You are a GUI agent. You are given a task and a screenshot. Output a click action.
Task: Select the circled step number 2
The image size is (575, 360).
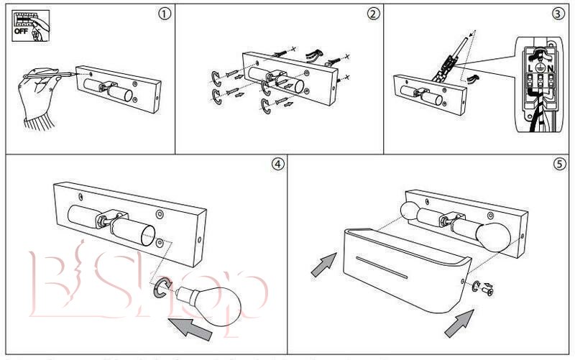coord(372,14)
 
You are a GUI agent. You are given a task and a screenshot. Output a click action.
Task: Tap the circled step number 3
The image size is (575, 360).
coord(558,14)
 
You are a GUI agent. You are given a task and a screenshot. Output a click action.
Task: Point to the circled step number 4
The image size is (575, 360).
coord(277,163)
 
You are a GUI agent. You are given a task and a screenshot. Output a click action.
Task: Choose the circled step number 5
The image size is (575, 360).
coord(559,163)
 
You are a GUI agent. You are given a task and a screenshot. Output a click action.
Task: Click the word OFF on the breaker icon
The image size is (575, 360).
coord(21,32)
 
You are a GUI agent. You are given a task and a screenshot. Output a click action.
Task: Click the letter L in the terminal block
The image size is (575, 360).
coord(530,66)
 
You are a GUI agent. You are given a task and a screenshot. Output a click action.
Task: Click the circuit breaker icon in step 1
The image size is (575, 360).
coord(29,24)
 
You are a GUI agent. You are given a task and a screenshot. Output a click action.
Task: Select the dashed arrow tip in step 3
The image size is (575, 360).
coord(471,32)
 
